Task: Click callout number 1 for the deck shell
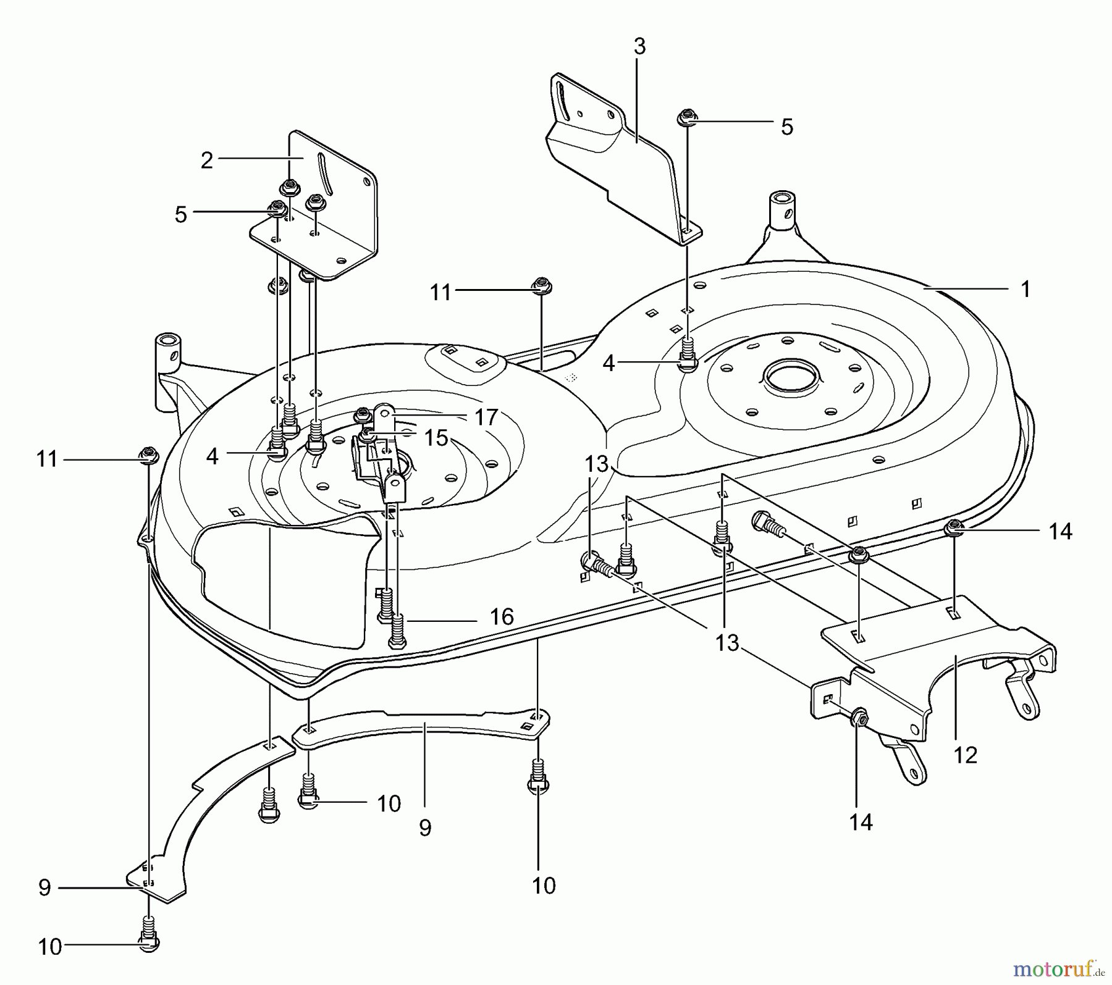point(1026,289)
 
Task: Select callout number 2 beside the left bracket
point(207,160)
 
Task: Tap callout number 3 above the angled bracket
point(639,46)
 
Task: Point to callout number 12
point(966,755)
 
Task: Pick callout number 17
point(486,417)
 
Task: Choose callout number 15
point(436,438)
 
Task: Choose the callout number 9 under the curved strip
point(425,828)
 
